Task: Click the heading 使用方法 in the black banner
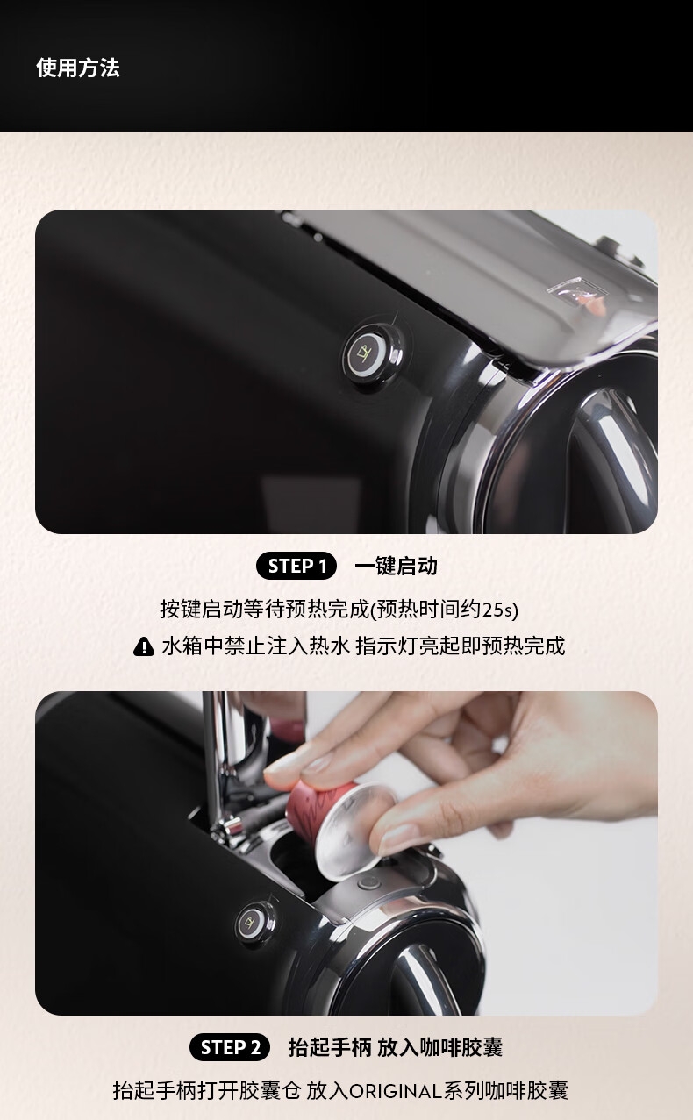pyautogui.click(x=77, y=68)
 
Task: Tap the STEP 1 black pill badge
pyautogui.click(x=296, y=566)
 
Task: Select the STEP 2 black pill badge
pyautogui.click(x=230, y=1047)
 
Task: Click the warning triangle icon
pyautogui.click(x=144, y=646)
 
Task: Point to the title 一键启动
pyautogui.click(x=396, y=566)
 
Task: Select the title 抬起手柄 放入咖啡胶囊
pyautogui.click(x=395, y=1047)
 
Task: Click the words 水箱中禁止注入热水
pyautogui.click(x=255, y=646)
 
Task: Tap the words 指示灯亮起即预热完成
pyautogui.click(x=460, y=646)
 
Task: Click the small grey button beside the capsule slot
pyautogui.click(x=368, y=883)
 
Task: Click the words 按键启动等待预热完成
pyautogui.click(x=264, y=610)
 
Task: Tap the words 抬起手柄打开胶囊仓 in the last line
pyautogui.click(x=207, y=1091)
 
